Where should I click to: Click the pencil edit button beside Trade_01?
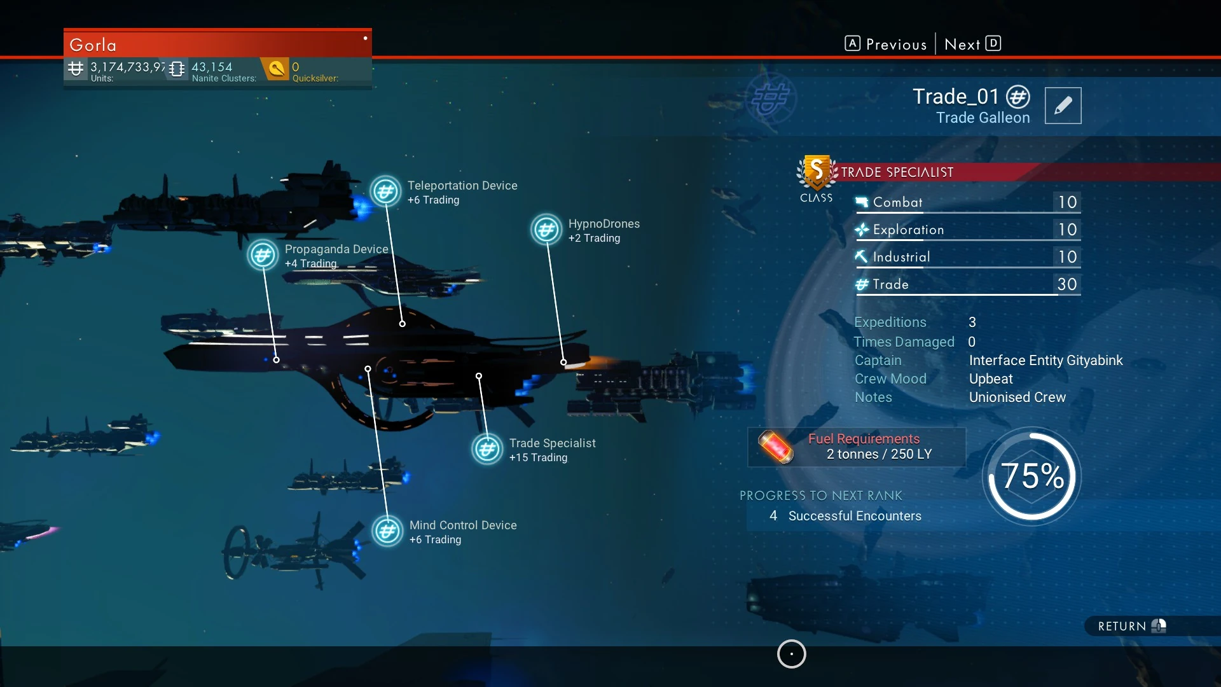[x=1063, y=106]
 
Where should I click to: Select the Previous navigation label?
[x=895, y=45]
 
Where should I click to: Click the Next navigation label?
[x=962, y=45]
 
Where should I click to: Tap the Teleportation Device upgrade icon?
[x=385, y=191]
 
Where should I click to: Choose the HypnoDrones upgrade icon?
[x=546, y=230]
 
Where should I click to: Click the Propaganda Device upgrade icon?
[x=263, y=256]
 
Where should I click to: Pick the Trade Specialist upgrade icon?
[x=487, y=450]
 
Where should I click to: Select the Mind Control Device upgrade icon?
[x=387, y=532]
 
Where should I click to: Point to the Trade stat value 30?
[x=1066, y=284]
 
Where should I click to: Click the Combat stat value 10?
[x=1066, y=202]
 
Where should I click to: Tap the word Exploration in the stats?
[x=908, y=230]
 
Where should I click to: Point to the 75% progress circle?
[x=1031, y=476]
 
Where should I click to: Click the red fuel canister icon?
[x=776, y=447]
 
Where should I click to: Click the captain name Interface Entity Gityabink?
[x=1045, y=361]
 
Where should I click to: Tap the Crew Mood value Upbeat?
[x=990, y=379]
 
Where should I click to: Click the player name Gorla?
[x=93, y=45]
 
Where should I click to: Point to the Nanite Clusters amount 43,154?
[x=212, y=67]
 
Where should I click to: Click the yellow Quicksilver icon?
[x=276, y=69]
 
